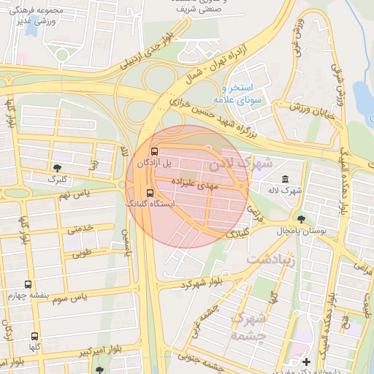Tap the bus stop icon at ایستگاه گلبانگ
[x=150, y=194]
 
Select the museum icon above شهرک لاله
[x=284, y=180]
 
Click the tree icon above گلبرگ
[x=57, y=168]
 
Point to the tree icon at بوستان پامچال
[x=301, y=218]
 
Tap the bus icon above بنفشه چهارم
[x=28, y=284]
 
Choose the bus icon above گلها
[x=34, y=337]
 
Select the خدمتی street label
[x=80, y=229]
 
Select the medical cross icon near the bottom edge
[x=306, y=362]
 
